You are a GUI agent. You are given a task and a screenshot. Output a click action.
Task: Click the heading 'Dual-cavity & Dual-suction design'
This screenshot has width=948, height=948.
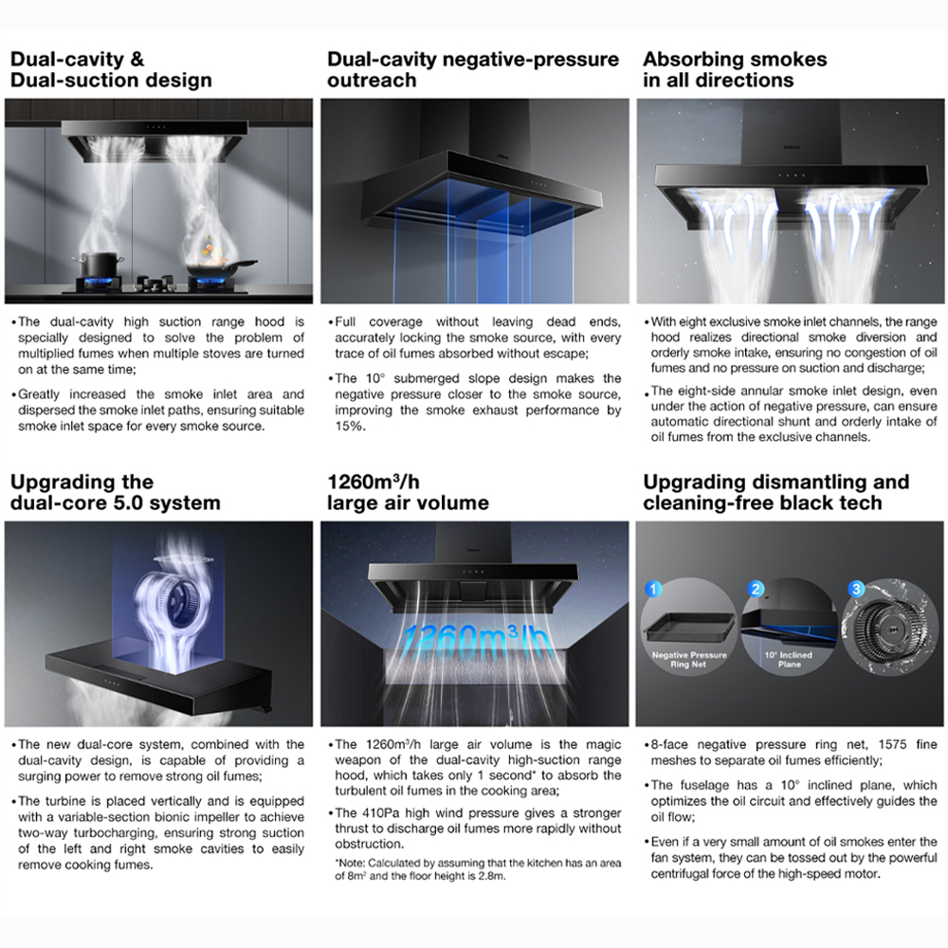(x=111, y=69)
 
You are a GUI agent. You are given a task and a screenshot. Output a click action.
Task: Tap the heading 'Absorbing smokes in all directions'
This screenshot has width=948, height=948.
(x=735, y=69)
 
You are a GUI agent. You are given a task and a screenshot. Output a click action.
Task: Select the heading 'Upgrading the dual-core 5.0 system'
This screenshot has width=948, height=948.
(x=115, y=492)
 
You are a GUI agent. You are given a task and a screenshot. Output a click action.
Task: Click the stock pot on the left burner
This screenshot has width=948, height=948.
(x=98, y=264)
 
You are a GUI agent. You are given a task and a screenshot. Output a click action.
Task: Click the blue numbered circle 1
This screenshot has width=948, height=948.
(x=653, y=589)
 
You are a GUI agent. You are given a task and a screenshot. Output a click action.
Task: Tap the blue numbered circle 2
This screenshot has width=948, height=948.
(x=756, y=589)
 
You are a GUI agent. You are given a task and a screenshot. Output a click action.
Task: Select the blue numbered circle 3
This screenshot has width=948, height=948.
(x=856, y=589)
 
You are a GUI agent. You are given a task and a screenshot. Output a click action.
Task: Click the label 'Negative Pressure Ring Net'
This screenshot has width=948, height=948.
(x=689, y=660)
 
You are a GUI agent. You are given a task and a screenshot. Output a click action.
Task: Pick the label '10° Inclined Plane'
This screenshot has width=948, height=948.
(x=789, y=660)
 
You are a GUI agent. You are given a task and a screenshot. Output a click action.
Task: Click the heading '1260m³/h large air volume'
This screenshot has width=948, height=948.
(x=408, y=492)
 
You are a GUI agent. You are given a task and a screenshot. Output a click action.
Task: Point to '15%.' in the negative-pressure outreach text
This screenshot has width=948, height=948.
(x=351, y=427)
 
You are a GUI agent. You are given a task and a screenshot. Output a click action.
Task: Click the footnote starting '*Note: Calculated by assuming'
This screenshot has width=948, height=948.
(x=478, y=869)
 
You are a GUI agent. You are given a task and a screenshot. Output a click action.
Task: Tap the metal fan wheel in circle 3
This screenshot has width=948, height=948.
(x=889, y=629)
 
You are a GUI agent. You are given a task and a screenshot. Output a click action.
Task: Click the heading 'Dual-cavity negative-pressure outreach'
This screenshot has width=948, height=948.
(x=473, y=69)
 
